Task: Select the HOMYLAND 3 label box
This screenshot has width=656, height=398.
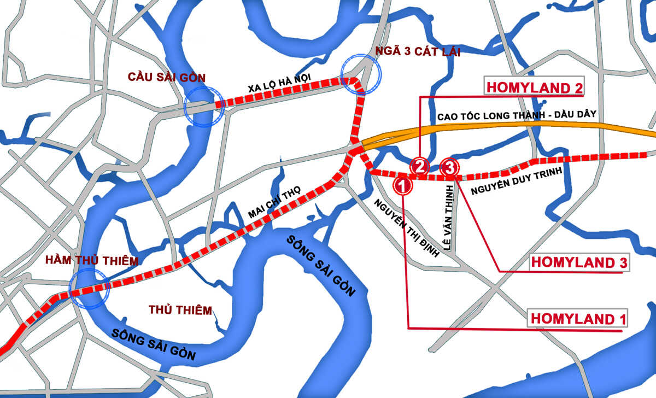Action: click(579, 262)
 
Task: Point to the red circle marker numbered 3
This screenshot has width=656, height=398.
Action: click(449, 167)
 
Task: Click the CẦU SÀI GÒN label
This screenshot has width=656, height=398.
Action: click(166, 77)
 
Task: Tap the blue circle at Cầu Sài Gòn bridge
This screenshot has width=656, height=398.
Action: click(204, 107)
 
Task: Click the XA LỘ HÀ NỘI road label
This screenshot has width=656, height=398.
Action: click(279, 85)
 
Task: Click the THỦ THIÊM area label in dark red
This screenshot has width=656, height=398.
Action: click(180, 311)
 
